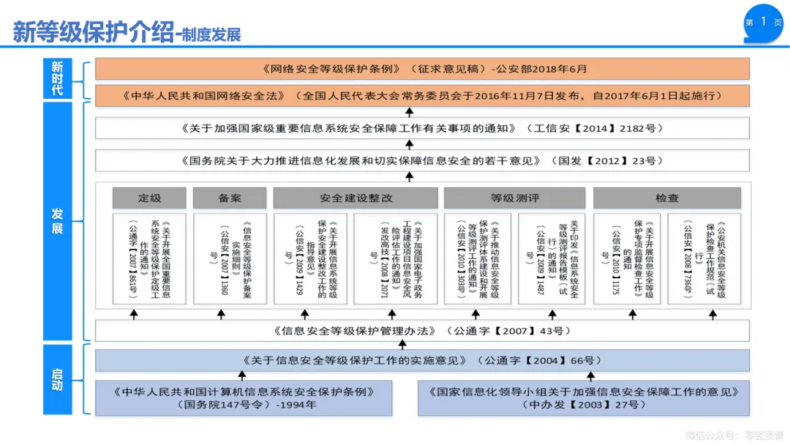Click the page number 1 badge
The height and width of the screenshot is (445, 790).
coord(764,22)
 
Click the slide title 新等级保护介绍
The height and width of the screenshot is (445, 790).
coord(94,33)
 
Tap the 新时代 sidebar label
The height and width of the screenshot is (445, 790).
coord(57,79)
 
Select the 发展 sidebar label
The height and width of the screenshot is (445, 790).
coord(57,221)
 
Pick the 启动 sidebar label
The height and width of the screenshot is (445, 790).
coord(57,380)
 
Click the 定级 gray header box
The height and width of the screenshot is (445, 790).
coord(149,198)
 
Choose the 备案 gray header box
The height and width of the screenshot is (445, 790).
coord(230,198)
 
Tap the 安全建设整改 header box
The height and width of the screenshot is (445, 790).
coord(355,198)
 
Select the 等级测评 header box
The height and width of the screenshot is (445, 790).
coord(514,198)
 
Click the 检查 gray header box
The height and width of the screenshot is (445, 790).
coord(666,198)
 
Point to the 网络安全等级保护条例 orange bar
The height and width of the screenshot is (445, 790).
coord(423,69)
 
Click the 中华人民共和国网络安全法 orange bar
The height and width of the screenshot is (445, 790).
coord(423,96)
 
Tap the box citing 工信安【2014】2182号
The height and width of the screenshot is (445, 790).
coord(423,128)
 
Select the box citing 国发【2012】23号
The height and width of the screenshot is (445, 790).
coord(423,160)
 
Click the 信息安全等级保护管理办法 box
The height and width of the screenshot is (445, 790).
coord(423,331)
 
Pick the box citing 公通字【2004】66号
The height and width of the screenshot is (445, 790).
coord(423,360)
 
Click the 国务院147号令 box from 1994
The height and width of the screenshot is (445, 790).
coord(244,397)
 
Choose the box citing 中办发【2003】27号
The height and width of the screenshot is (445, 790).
coord(584,397)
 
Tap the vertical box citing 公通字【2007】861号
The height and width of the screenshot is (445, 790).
coord(149,258)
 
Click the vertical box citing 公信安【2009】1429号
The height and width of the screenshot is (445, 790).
coord(310,258)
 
